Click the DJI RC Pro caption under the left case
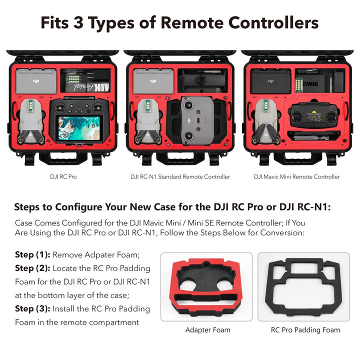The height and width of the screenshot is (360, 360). (63, 177)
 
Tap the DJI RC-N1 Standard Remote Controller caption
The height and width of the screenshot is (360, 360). (180, 177)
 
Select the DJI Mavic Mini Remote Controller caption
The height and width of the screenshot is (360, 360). (296, 177)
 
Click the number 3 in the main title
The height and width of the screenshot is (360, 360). (78, 22)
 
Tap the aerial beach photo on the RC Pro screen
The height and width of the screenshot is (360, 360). (79, 128)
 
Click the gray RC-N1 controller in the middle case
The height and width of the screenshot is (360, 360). (197, 120)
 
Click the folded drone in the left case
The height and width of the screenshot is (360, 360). (31, 121)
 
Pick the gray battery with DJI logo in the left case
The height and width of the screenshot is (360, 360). (36, 81)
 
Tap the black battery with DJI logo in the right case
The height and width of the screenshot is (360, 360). (270, 81)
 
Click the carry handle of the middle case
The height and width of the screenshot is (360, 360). (180, 158)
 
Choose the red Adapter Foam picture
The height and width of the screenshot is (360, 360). (206, 286)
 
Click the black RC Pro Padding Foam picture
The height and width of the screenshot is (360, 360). (303, 287)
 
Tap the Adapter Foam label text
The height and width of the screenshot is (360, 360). (208, 330)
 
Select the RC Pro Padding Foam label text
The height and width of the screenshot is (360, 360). (305, 330)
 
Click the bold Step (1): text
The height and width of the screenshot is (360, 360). (32, 254)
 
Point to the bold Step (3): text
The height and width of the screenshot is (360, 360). (32, 308)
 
